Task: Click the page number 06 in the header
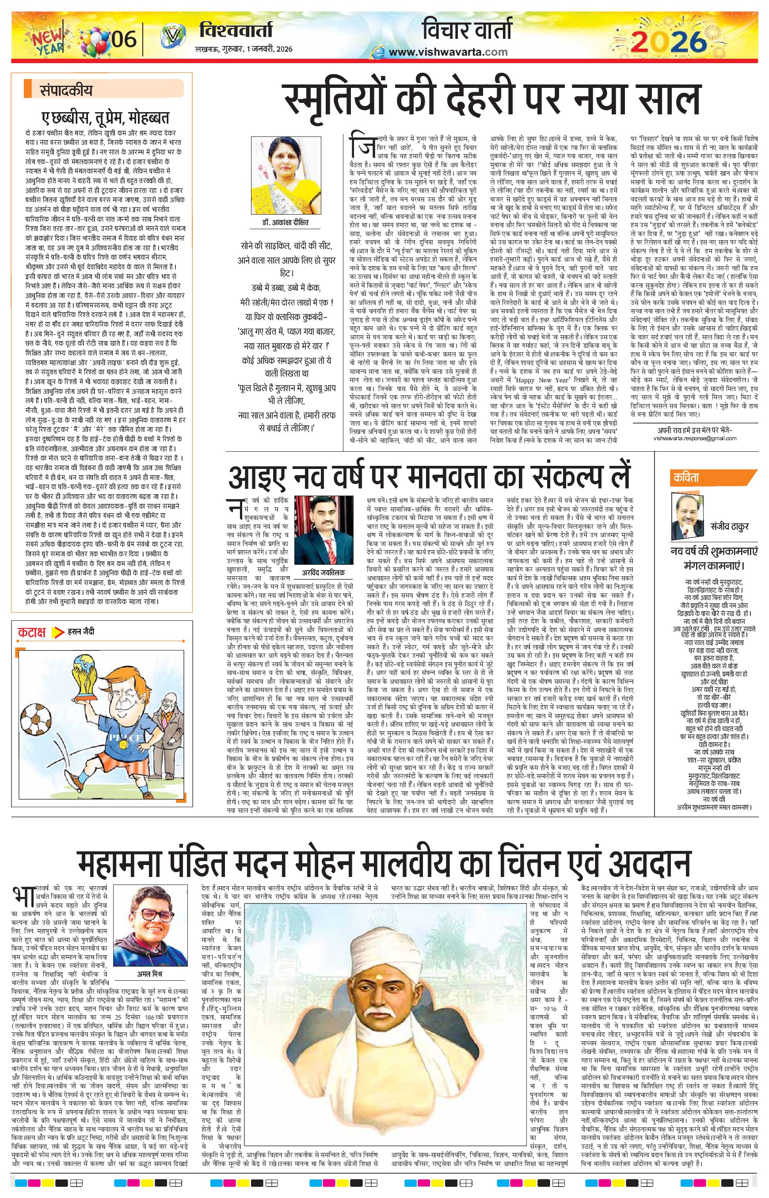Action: (x=124, y=38)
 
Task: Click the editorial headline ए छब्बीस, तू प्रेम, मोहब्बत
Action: (x=105, y=118)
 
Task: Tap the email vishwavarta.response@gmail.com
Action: (x=695, y=438)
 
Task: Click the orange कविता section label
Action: (x=687, y=478)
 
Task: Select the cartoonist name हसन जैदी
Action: (x=81, y=632)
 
